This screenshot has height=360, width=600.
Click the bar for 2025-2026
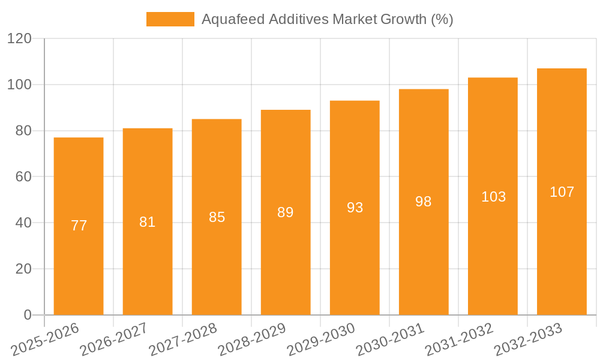point(79,180)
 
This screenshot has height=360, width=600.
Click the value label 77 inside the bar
point(79,226)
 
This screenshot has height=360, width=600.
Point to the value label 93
point(355,208)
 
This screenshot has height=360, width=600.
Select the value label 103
point(493,197)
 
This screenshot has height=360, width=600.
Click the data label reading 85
point(217,217)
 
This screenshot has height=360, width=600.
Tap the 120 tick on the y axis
point(20,39)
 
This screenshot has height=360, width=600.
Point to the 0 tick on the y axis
point(28,315)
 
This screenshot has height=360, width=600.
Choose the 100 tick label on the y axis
point(20,85)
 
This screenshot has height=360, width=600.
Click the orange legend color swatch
point(170,19)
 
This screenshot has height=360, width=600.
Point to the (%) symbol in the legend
point(442,19)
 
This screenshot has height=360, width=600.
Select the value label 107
point(562,192)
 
